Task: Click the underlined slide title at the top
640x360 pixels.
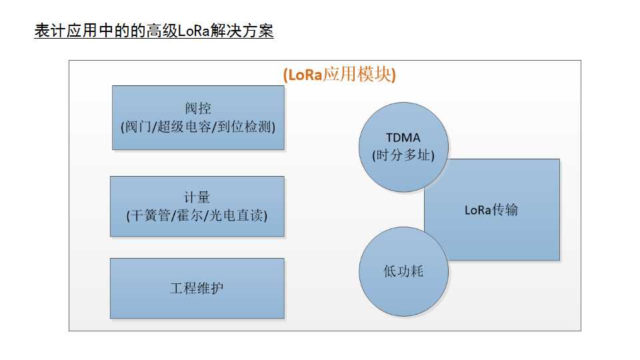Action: pos(153,31)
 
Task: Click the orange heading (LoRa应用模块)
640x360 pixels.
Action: pos(339,74)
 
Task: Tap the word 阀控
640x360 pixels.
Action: pos(198,109)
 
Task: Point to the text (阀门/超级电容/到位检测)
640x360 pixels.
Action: pos(198,126)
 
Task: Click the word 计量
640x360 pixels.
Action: pos(197,197)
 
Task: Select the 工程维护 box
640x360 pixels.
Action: pos(197,288)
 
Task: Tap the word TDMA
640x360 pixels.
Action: pos(403,138)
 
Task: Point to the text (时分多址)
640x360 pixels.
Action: pos(403,155)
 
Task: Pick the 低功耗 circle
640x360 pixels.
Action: pos(403,271)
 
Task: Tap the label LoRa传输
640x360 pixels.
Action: pos(491,210)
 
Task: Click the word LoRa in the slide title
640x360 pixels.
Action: pos(194,31)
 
